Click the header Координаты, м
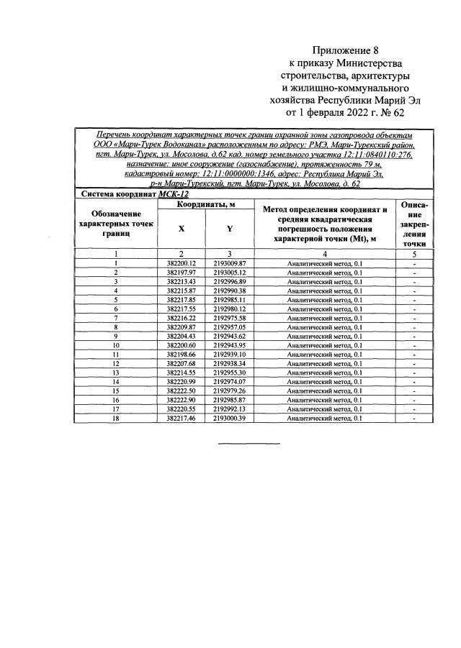206,206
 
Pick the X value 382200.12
181,264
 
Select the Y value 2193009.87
230,264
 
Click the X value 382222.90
181,399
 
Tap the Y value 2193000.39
230,418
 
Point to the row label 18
115,418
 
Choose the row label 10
115,345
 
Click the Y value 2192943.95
230,345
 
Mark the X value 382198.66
181,355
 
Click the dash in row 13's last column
414,373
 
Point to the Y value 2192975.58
230,318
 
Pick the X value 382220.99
181,381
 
